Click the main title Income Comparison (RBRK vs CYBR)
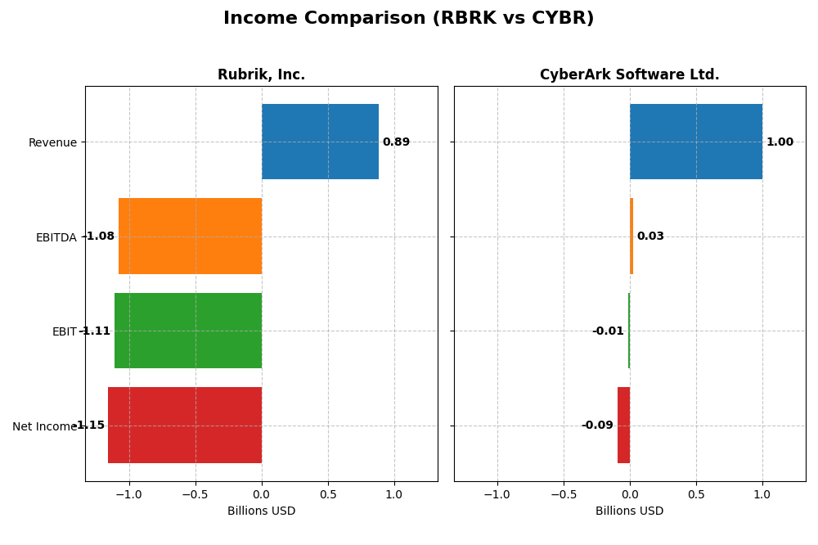[408, 19]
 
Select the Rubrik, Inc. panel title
[261, 75]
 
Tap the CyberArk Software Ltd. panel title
[629, 75]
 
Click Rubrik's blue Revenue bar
[320, 142]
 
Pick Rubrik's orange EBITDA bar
[190, 236]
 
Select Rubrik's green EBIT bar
[188, 331]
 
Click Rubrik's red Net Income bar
[185, 426]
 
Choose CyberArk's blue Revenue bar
[696, 142]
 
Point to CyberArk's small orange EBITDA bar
[631, 236]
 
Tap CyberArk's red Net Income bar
[623, 426]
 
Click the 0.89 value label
[396, 142]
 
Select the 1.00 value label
[780, 142]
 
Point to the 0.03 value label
[650, 236]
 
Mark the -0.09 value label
[597, 426]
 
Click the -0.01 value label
[608, 331]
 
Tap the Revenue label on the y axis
[52, 143]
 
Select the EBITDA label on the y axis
[56, 238]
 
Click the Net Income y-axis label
[45, 426]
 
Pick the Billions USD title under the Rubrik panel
[261, 511]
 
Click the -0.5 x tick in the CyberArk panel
[563, 494]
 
